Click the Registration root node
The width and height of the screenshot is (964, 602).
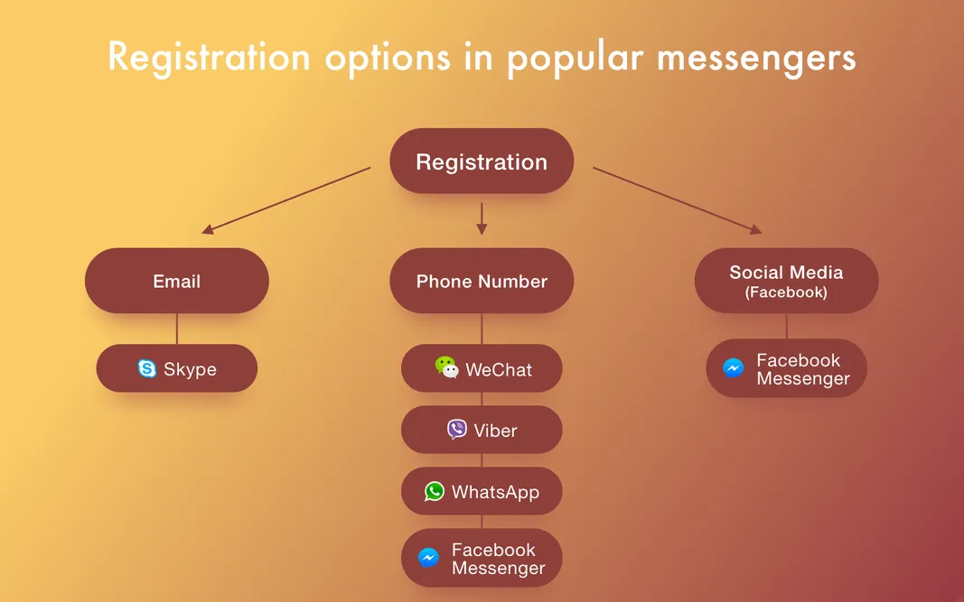point(482,162)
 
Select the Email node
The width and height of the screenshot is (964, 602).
point(177,281)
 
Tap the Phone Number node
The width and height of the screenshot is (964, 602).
point(482,281)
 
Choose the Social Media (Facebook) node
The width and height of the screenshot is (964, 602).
point(786,281)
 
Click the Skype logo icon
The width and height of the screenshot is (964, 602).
point(147,368)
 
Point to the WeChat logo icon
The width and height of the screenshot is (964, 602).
point(446,367)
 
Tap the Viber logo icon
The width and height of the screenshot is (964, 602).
point(457,430)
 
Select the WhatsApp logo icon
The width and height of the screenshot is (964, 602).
point(435,491)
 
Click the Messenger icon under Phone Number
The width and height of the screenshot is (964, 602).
point(429,558)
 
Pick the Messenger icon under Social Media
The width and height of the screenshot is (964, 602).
point(734,368)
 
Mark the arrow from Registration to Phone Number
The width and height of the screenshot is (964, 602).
point(482,218)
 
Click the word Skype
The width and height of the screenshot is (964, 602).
point(190,369)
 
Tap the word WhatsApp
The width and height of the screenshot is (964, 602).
point(495,492)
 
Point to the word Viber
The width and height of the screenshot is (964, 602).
point(495,431)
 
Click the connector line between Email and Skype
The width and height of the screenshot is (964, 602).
point(177,329)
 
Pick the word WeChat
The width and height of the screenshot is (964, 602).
point(499,369)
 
